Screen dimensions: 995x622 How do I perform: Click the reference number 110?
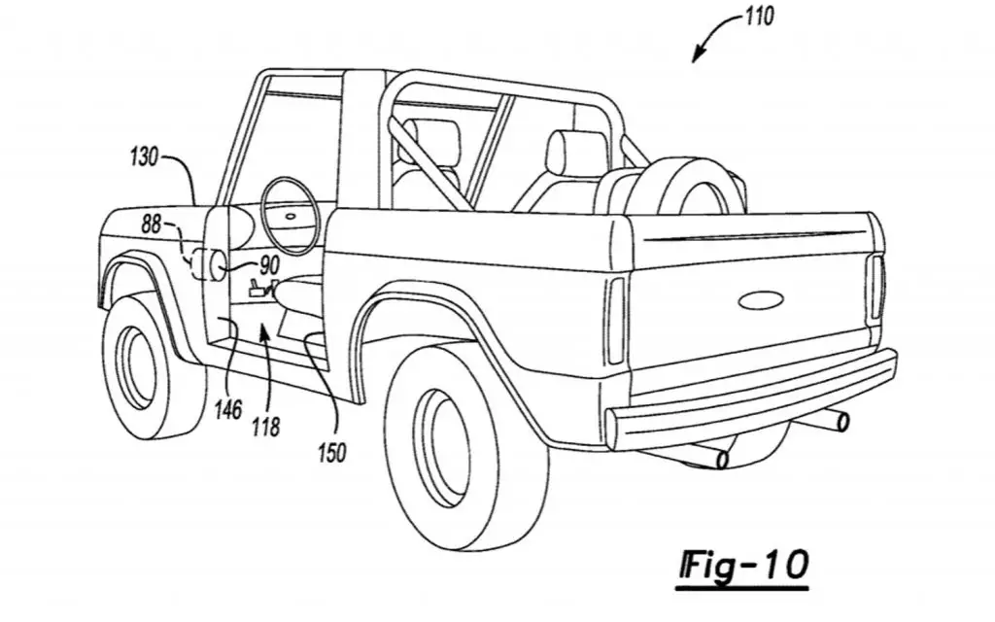pos(759,16)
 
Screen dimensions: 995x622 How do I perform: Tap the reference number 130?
pos(144,156)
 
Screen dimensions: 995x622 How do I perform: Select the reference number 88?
pos(151,225)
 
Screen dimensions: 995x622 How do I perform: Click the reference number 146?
pos(227,410)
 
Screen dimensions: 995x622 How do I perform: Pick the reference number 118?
pos(265,428)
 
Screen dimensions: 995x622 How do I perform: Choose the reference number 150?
pos(332,453)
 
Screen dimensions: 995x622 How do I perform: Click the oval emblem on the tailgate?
pos(761,300)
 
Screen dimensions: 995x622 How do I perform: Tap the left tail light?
pos(615,320)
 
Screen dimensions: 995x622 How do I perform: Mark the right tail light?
pos(877,287)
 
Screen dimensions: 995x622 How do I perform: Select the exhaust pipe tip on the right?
pos(842,421)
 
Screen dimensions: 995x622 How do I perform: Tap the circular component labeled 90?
pos(212,264)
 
